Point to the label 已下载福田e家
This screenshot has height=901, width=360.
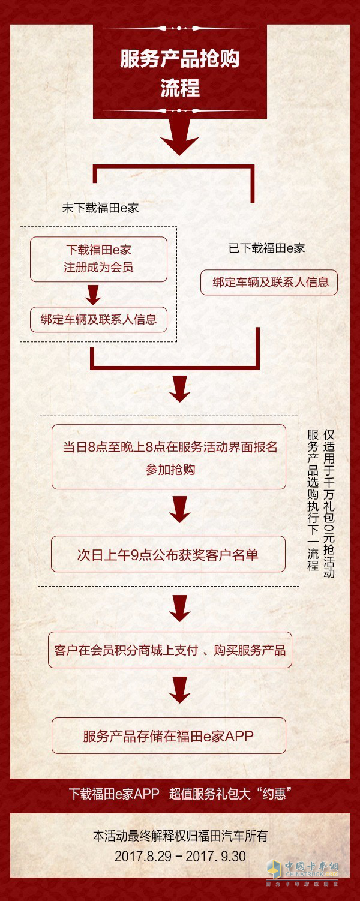click(x=266, y=248)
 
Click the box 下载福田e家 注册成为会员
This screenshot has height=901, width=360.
click(x=98, y=259)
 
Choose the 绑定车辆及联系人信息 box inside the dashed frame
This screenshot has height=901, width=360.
click(x=98, y=319)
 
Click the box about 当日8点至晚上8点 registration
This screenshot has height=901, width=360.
click(x=169, y=457)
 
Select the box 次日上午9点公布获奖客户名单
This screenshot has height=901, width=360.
click(x=168, y=555)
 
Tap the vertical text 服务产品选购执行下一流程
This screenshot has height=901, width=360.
click(x=313, y=500)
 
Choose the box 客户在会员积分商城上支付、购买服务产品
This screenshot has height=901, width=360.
click(x=170, y=650)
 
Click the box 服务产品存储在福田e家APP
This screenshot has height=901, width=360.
click(x=169, y=735)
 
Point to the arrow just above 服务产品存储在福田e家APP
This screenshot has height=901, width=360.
click(x=179, y=690)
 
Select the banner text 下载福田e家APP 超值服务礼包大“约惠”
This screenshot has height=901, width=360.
click(x=180, y=794)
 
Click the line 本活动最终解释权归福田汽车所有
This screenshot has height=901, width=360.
click(x=180, y=835)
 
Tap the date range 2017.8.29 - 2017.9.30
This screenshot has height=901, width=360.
click(x=180, y=856)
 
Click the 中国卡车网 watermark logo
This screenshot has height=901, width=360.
click(x=304, y=870)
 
